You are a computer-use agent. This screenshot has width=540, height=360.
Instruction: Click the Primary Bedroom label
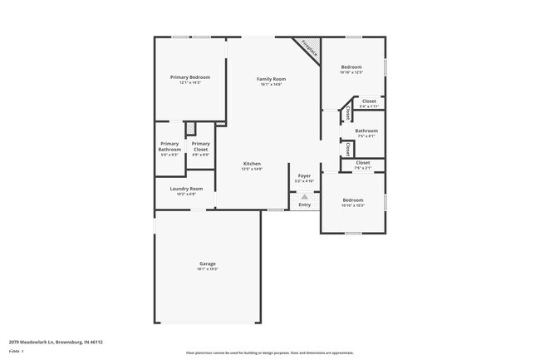coord(189,77)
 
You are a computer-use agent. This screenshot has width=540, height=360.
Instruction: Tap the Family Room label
coord(271,78)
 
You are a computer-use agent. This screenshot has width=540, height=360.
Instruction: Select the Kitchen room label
coord(252,163)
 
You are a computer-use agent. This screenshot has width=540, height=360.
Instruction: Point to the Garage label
coord(207,264)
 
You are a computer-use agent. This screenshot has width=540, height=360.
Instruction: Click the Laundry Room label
coord(186,189)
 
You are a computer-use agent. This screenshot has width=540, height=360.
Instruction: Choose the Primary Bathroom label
coord(169,146)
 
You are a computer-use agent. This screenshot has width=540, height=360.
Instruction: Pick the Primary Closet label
coord(200,146)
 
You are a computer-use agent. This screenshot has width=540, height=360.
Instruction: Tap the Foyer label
coord(305,175)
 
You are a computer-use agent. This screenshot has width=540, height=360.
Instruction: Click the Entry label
coord(305,205)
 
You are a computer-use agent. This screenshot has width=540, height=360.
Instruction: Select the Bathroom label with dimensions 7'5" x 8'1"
coord(366,131)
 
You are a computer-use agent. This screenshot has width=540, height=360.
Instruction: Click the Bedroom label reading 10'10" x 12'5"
coord(351,67)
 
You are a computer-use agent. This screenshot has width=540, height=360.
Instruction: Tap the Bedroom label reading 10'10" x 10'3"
coord(353,200)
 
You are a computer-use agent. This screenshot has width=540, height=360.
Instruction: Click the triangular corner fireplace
coord(308,47)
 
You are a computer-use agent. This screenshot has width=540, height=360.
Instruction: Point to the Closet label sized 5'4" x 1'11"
coord(369,101)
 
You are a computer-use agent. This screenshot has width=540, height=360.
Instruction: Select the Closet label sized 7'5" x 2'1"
coord(363,162)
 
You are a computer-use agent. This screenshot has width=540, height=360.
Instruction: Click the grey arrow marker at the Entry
coord(305,197)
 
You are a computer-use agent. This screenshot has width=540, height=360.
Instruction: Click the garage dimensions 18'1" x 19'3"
coord(207,269)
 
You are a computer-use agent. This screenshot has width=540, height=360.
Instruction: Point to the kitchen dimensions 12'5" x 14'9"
coord(252,169)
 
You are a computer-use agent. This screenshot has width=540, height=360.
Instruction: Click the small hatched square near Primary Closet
coord(190,129)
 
